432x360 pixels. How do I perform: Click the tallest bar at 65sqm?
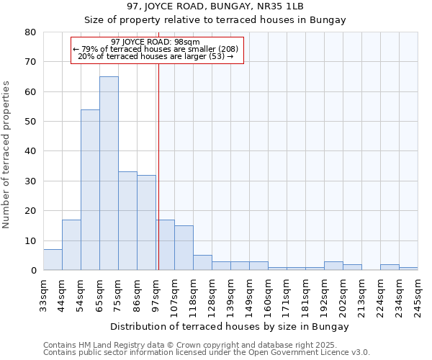(109, 173)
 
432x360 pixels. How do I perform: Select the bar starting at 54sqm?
(90, 189)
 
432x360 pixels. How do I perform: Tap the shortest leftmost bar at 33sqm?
(53, 260)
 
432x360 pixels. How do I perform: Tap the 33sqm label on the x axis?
(43, 294)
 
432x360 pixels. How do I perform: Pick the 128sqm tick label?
(212, 295)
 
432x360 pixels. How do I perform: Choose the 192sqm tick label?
(324, 295)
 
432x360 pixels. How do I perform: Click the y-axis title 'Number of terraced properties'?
(6, 155)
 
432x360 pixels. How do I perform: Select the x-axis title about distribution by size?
(230, 326)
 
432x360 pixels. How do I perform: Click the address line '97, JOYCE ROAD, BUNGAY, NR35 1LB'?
(215, 6)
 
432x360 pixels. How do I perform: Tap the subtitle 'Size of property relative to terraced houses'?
(215, 20)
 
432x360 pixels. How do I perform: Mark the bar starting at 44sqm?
(71, 245)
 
